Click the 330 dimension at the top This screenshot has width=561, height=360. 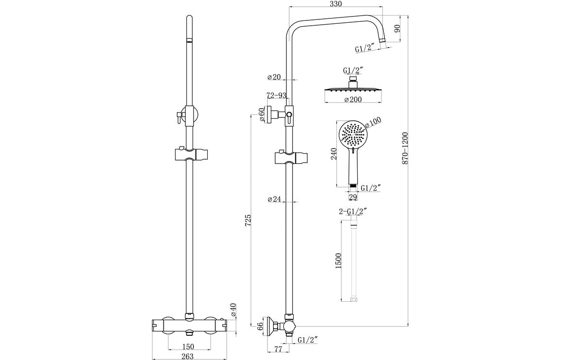(336, 4)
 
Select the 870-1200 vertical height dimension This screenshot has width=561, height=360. (405, 147)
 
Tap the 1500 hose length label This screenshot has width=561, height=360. (339, 262)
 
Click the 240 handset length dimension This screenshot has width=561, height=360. (333, 154)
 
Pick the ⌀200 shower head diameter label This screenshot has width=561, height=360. (353, 100)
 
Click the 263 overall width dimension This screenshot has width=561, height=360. (188, 356)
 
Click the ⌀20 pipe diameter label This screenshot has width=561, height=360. (274, 77)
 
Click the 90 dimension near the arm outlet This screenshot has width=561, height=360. (397, 29)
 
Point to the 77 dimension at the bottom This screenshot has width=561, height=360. (278, 349)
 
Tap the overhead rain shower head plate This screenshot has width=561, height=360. (353, 90)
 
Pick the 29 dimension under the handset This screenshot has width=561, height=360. (353, 197)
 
